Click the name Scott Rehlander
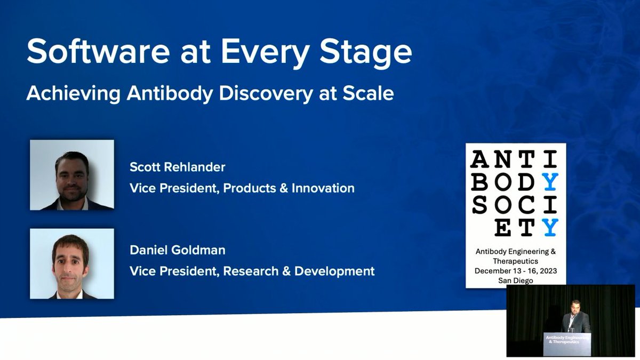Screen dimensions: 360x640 (177, 167)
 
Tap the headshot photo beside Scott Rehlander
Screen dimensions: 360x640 (71, 175)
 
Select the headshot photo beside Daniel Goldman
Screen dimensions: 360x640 (71, 263)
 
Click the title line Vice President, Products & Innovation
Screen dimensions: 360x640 (242, 188)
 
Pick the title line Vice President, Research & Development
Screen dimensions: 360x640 (252, 271)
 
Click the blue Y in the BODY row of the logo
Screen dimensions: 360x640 (550, 182)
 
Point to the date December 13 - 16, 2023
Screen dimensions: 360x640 (515, 271)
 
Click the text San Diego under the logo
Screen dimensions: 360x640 (515, 281)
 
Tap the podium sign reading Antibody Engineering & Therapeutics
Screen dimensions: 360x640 (567, 341)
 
